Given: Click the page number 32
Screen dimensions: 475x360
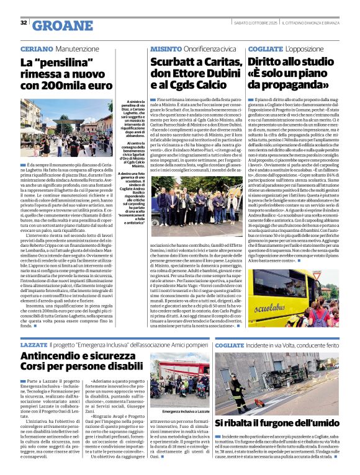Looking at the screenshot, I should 24,23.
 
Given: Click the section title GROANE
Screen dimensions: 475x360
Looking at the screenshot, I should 61,25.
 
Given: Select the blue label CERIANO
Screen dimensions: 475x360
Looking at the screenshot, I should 37,48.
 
